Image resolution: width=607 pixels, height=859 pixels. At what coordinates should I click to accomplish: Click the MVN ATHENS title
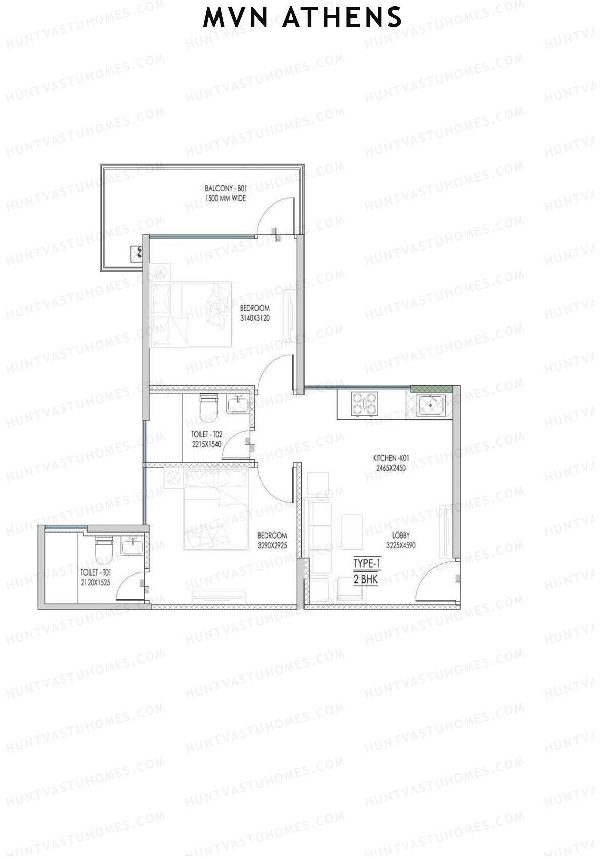(302, 18)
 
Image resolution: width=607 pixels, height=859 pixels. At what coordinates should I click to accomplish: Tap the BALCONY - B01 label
(226, 188)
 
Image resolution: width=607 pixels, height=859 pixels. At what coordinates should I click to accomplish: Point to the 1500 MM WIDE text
(226, 198)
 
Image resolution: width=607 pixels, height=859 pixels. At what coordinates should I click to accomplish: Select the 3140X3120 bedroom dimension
(255, 318)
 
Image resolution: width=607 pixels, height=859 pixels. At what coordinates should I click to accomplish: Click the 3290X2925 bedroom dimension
(272, 545)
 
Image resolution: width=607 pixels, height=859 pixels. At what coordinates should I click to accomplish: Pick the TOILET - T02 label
(206, 434)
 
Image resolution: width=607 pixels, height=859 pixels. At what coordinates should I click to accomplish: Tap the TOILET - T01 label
(96, 572)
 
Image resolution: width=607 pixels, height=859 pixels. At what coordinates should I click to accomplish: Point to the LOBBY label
(401, 535)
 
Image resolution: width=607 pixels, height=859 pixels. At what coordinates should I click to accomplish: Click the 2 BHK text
(366, 579)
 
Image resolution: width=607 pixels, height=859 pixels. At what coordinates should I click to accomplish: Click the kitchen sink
(431, 405)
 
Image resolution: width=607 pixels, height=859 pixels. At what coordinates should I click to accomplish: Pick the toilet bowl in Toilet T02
(209, 407)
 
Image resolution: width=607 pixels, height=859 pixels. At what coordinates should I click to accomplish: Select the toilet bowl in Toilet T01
(103, 549)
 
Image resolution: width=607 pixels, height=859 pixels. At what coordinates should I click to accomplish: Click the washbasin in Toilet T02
(237, 404)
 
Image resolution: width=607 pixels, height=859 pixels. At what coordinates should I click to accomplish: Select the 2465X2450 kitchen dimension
(391, 468)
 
